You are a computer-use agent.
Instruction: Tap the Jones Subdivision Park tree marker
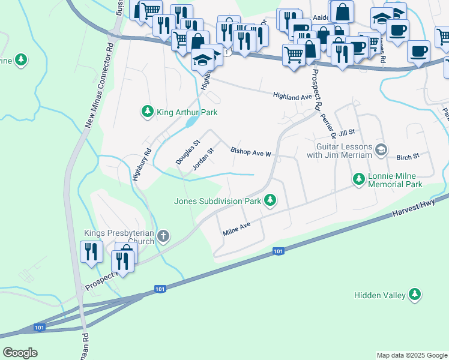point(271,200)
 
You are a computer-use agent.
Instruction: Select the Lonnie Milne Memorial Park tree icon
point(359,179)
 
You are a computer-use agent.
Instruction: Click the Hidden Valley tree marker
point(414,294)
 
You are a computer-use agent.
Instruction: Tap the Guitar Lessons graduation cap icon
point(380,148)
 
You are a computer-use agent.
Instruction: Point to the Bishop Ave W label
point(252,152)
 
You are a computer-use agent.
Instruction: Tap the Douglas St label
point(187,153)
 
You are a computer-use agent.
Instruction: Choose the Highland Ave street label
point(292,96)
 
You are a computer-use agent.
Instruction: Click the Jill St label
point(348,132)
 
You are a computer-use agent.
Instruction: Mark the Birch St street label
point(408,157)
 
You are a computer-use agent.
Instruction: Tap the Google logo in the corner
point(20,352)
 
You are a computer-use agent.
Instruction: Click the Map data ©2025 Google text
point(411,355)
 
